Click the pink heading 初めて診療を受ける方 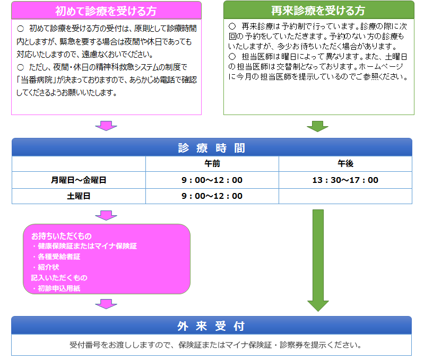(106, 11)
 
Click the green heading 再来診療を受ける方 (318, 11)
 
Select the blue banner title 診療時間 (212, 148)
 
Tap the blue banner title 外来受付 (211, 326)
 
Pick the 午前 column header (212, 163)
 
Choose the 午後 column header (345, 163)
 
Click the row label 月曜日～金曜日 (79, 180)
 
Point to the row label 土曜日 (79, 196)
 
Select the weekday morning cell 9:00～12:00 (212, 180)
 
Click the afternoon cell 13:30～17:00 (345, 180)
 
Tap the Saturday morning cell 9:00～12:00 (212, 196)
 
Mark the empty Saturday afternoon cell (345, 196)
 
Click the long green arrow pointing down (318, 260)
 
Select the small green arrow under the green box (317, 126)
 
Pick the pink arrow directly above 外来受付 (106, 304)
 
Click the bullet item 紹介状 (46, 267)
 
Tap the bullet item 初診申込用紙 (56, 288)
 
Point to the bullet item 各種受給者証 (56, 257)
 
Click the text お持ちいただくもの (62, 236)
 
